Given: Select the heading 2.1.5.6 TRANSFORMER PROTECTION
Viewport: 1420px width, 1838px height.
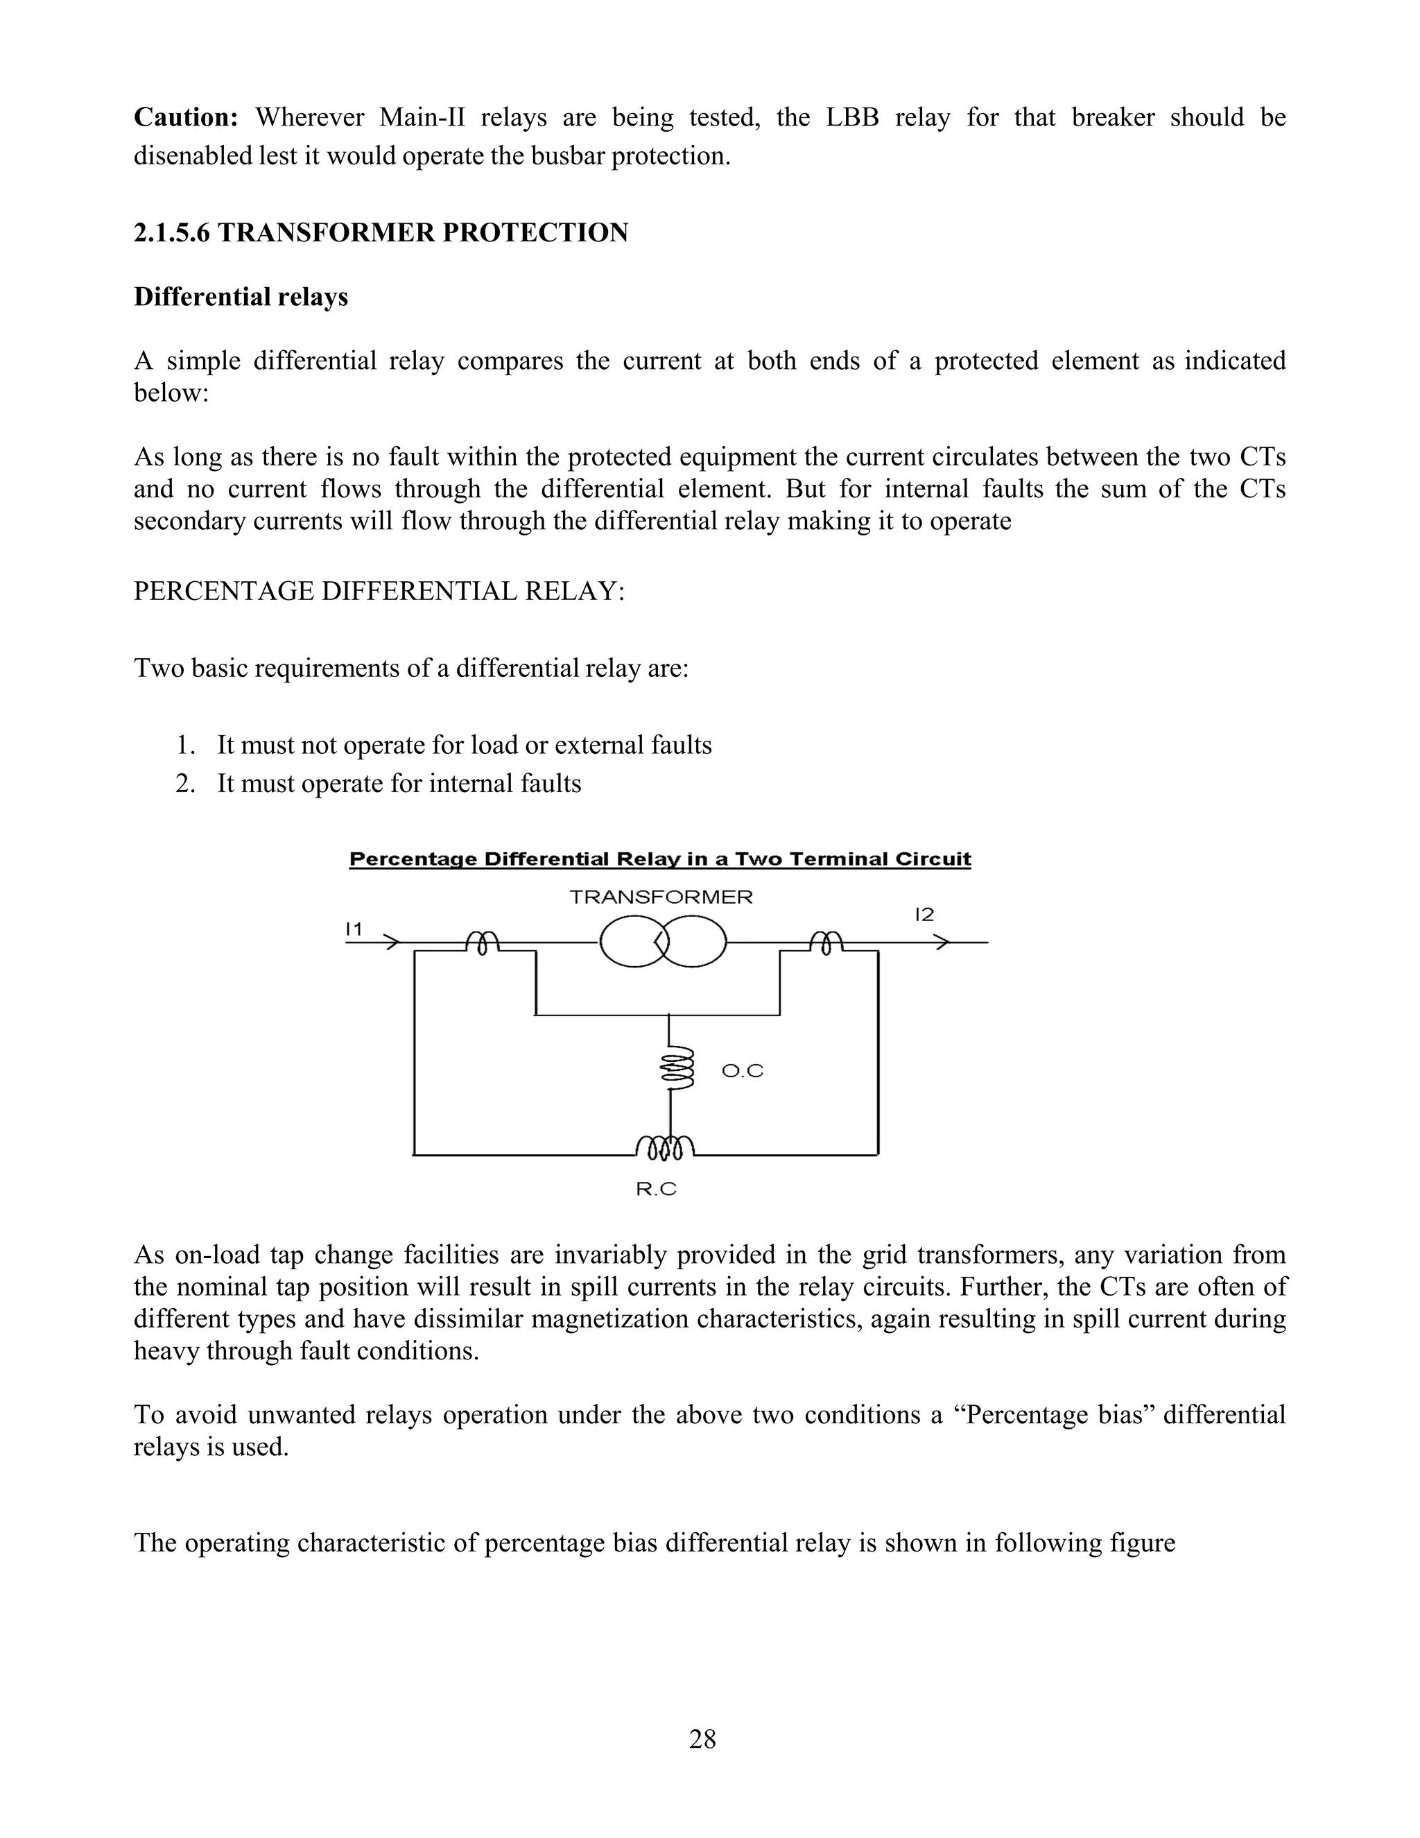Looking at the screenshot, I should coord(380,233).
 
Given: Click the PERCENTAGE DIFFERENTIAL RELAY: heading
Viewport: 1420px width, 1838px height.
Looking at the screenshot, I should coord(379,591).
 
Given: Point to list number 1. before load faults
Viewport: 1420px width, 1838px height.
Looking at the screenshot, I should coord(185,746).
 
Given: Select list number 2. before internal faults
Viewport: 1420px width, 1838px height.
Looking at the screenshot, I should coord(185,784).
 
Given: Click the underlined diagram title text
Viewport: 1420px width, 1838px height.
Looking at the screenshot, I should coord(659,859).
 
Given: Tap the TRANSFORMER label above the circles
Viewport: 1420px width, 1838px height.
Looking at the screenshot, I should coord(660,897).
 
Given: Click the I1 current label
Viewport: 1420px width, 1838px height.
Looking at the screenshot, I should coord(354,929).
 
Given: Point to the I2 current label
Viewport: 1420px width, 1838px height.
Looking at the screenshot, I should coord(924,915).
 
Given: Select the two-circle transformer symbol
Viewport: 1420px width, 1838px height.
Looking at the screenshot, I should coord(662,942).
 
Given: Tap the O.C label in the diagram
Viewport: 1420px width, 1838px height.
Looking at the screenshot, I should coord(742,1072).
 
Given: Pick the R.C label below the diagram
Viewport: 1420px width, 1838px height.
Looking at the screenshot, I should coord(656,1189).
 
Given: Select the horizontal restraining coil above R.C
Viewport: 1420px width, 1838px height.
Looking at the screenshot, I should coord(666,1146).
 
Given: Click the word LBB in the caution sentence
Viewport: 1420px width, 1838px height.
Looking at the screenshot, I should coord(851,117).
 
